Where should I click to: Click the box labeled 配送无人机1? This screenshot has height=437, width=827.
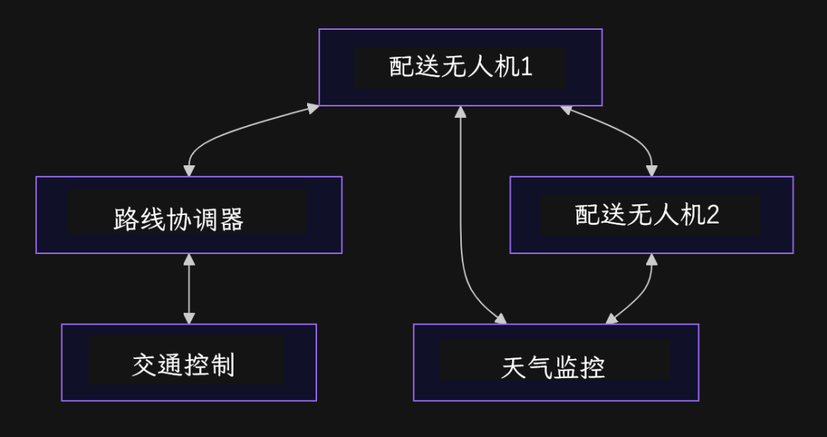click(460, 67)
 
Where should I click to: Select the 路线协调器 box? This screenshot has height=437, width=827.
click(188, 215)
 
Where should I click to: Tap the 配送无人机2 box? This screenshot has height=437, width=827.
click(651, 215)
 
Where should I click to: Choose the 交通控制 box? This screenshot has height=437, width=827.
click(188, 363)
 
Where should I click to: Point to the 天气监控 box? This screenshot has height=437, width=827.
click(555, 363)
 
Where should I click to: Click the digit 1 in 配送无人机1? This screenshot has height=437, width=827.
click(526, 67)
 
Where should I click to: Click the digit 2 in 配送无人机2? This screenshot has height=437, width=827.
click(712, 215)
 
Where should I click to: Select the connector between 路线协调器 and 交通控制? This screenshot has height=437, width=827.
click(189, 289)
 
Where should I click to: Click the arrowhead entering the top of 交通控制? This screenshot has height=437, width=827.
click(189, 318)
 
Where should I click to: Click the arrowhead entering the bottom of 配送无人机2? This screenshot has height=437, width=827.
click(651, 259)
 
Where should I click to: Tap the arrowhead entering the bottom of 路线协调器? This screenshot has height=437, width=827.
click(189, 259)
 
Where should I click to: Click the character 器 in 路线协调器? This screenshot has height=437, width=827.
click(231, 220)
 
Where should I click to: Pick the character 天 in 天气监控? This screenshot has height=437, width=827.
click(513, 367)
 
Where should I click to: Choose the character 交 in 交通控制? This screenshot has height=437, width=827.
click(144, 365)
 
